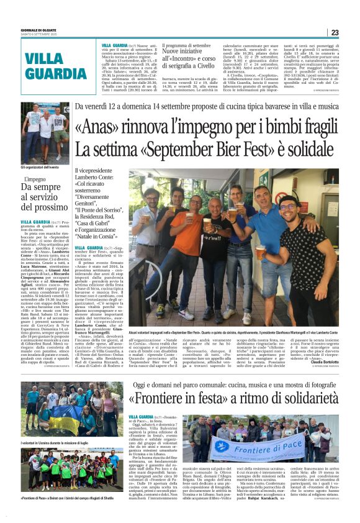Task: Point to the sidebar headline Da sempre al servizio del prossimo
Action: (x=43, y=198)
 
